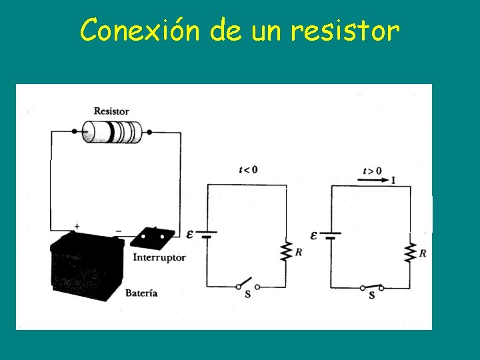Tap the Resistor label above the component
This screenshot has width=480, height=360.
111,111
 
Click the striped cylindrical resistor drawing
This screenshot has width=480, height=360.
111,132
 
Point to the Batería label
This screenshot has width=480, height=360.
141,293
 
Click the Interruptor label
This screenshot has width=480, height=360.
159,257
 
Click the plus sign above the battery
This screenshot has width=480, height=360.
77,227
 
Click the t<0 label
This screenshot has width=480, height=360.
248,169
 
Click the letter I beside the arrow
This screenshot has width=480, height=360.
393,179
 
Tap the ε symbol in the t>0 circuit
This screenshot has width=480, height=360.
315,235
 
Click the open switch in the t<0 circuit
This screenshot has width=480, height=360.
247,284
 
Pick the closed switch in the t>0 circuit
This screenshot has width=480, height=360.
372,287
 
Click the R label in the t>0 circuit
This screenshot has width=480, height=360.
423,253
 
